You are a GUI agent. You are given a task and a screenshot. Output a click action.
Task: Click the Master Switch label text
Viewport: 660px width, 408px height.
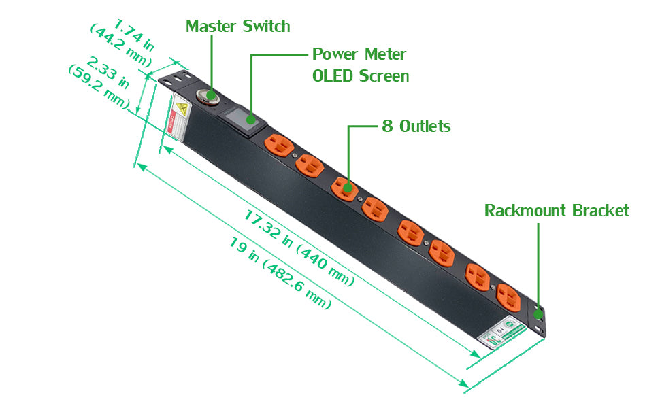[x=237, y=27]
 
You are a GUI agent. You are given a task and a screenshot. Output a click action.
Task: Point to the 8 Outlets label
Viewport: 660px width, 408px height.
[x=416, y=126]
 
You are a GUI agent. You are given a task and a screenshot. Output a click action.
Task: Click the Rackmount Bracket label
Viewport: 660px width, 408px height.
[x=557, y=211]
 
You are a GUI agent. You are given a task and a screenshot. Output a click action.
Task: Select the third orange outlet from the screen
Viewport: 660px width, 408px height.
[x=344, y=187]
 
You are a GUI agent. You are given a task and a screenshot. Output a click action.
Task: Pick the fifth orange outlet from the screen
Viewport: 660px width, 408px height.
[x=411, y=231]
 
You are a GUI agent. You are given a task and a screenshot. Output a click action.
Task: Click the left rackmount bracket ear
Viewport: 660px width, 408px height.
[x=175, y=78]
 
